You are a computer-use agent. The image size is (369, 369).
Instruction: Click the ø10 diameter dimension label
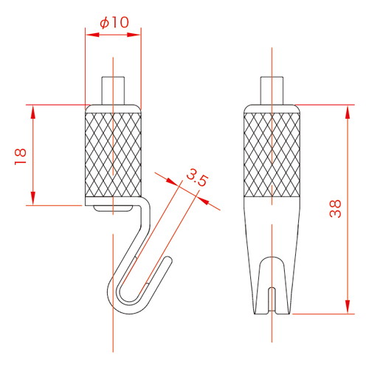tap(114, 23)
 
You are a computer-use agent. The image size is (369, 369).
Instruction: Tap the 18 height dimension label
tap(21, 156)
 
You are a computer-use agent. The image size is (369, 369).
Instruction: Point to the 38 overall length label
tap(336, 208)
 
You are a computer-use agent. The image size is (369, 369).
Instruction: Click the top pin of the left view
tap(113, 91)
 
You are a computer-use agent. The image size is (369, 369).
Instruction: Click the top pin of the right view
tap(272, 91)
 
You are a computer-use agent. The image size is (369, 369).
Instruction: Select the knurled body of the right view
tap(272, 155)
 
